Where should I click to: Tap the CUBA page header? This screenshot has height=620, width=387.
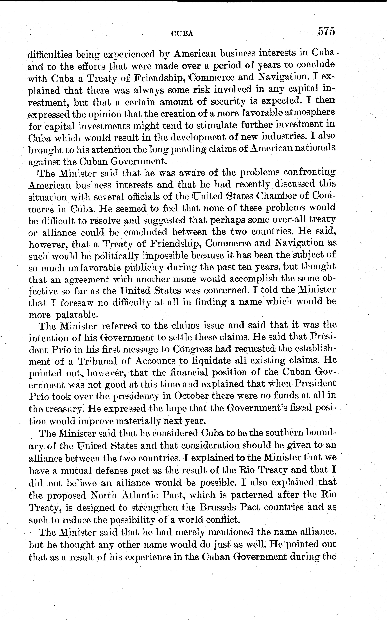(x=182, y=34)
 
